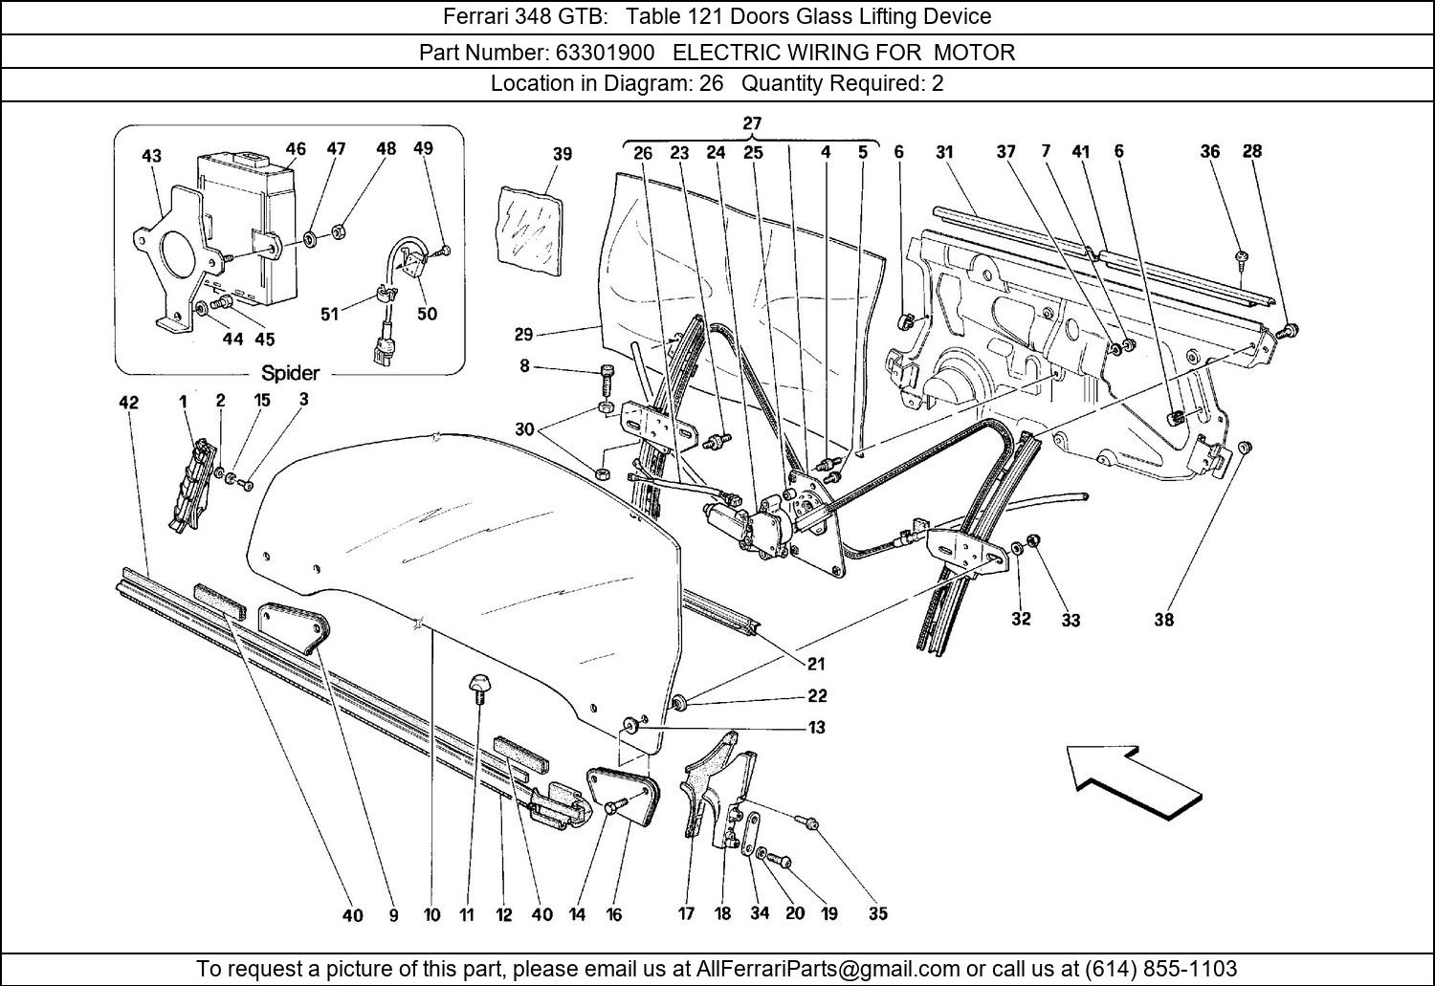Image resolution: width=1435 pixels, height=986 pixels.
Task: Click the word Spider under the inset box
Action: tap(290, 373)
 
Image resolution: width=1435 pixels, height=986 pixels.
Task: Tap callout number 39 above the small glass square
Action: tap(563, 154)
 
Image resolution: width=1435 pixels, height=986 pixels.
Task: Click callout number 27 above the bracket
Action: tap(752, 123)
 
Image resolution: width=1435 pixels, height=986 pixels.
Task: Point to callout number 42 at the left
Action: tap(128, 403)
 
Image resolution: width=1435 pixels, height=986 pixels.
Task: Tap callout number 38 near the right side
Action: tap(1163, 620)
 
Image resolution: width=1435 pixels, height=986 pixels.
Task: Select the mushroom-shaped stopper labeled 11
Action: tap(477, 686)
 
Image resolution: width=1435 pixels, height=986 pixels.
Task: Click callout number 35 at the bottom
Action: tap(877, 913)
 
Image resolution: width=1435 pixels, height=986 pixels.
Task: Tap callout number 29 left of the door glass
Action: tap(523, 334)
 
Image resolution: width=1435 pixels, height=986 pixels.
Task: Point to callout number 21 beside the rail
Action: tap(816, 664)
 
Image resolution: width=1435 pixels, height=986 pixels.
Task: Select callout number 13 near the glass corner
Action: tap(816, 727)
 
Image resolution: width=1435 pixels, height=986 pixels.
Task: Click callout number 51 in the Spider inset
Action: tap(329, 314)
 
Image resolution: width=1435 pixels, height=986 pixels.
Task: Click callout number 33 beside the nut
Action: tap(1071, 620)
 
